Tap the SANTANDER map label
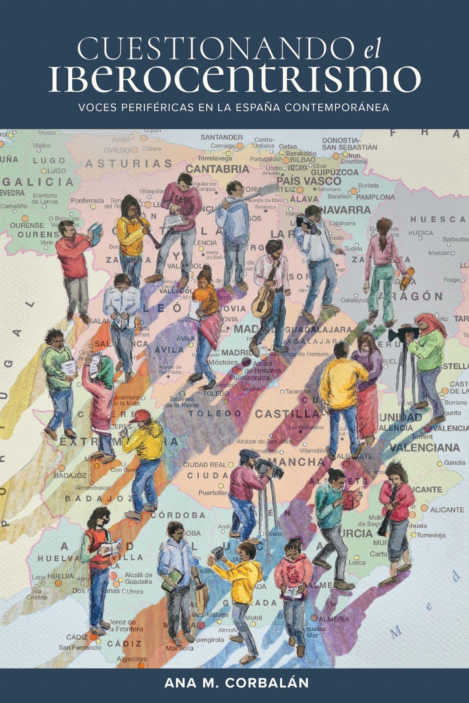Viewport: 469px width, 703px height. (x=222, y=137)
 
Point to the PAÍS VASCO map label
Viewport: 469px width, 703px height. (x=309, y=181)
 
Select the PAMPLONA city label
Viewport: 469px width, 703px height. (x=375, y=197)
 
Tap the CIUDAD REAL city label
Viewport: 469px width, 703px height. (x=205, y=465)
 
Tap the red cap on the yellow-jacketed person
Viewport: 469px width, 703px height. (x=138, y=416)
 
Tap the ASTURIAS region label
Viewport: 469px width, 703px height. (x=129, y=164)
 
